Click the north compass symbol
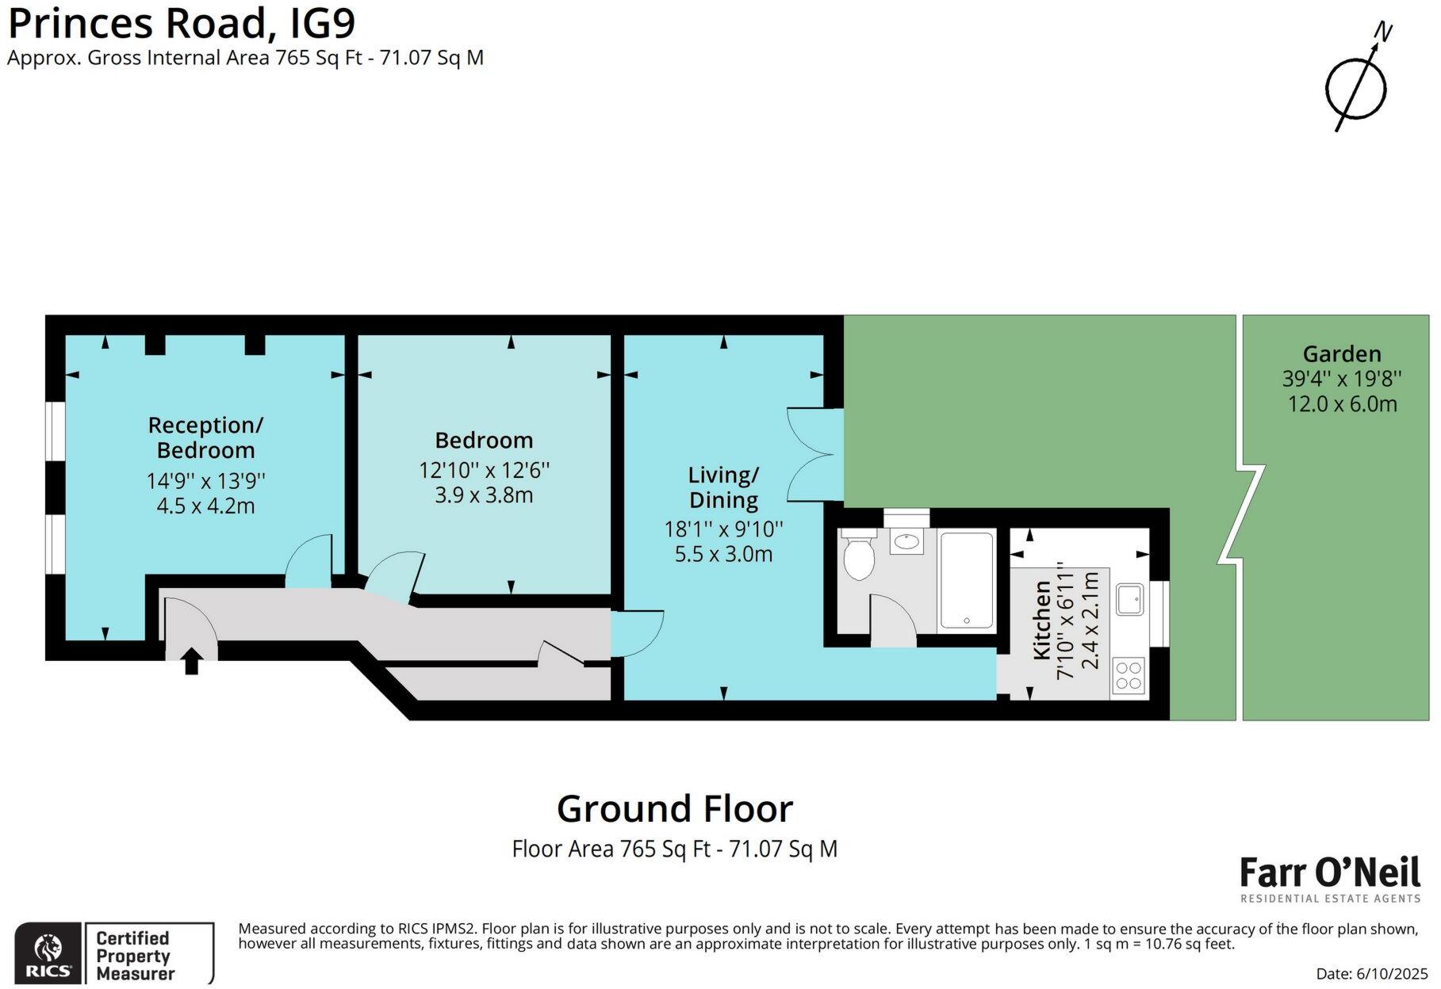pyautogui.click(x=1357, y=87)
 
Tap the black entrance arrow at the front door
pyautogui.click(x=191, y=661)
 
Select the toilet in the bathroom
pyautogui.click(x=859, y=557)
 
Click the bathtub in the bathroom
pyautogui.click(x=966, y=581)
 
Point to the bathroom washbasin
pyautogui.click(x=906, y=542)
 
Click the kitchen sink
pyautogui.click(x=1129, y=600)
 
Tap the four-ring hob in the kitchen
pyautogui.click(x=1128, y=675)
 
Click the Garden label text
pyautogui.click(x=1341, y=353)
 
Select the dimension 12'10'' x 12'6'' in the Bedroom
pyautogui.click(x=484, y=470)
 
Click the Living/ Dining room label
pyautogui.click(x=723, y=487)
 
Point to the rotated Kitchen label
pyautogui.click(x=1042, y=620)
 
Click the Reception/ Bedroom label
pyautogui.click(x=205, y=437)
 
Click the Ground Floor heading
pyautogui.click(x=674, y=809)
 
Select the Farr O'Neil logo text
pyautogui.click(x=1329, y=873)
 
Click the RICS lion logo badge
pyautogui.click(x=48, y=953)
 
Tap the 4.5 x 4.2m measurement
pyautogui.click(x=205, y=506)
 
